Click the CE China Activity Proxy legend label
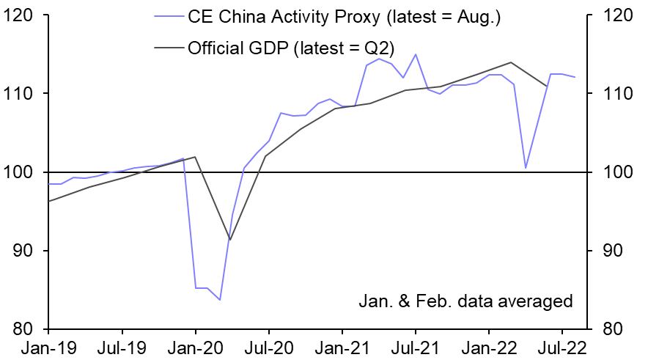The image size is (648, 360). [344, 17]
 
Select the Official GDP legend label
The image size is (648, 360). [292, 49]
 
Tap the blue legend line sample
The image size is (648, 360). [169, 17]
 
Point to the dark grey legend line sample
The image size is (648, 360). [169, 49]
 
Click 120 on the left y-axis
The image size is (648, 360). [25, 15]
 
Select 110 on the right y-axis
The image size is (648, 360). [622, 94]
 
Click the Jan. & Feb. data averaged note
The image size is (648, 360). [465, 301]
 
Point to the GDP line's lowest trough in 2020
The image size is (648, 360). [230, 240]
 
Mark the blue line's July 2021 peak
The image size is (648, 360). [416, 54]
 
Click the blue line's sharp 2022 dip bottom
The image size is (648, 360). [525, 168]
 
